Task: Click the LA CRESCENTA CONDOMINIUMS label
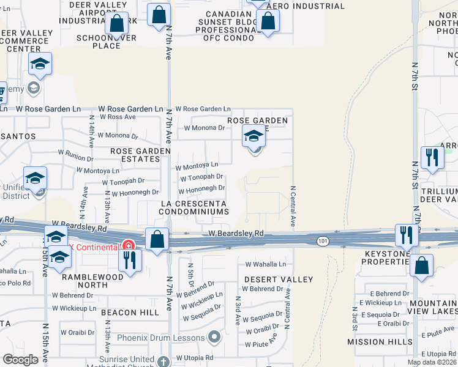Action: point(194,207)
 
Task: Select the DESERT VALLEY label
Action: point(279,280)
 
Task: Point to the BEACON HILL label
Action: point(127,313)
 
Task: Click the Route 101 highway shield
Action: point(323,242)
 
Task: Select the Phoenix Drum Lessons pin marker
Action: point(214,336)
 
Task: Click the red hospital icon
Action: point(128,246)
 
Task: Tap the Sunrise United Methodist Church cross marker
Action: point(163,361)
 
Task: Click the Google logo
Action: point(20,359)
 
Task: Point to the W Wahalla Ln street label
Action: point(265,265)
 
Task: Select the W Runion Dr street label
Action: point(76,153)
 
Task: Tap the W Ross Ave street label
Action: point(118,116)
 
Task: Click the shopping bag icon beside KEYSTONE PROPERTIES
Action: point(421,266)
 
